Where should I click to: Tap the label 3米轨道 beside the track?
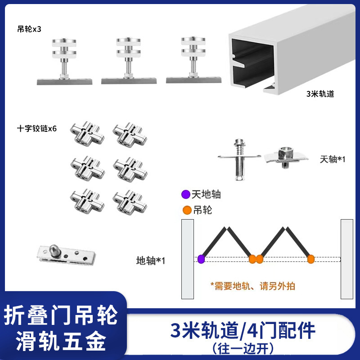point(320,94)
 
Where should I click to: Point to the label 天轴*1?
point(333,160)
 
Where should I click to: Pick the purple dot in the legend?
point(184,195)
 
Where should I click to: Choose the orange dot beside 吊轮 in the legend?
point(184,210)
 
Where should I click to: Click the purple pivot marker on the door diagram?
point(201,259)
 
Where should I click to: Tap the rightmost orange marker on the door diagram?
point(310,259)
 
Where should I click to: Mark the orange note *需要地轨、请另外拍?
point(252,286)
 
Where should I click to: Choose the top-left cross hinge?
point(87,134)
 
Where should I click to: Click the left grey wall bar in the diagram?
point(187,259)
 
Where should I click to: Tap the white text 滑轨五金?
point(61,340)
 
